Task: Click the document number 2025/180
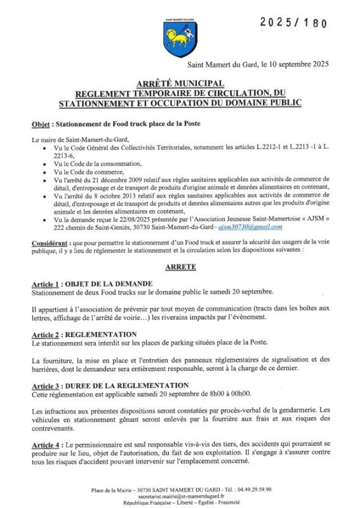(x=293, y=23)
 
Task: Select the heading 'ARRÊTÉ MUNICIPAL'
(x=180, y=84)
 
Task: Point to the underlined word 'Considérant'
(x=51, y=244)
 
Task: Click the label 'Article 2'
(x=47, y=334)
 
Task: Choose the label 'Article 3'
(x=47, y=385)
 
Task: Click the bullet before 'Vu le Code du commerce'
(x=43, y=172)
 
